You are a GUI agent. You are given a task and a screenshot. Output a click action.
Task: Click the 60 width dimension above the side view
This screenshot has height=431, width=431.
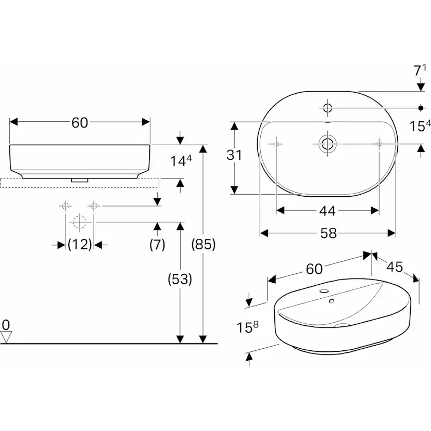(x=80, y=122)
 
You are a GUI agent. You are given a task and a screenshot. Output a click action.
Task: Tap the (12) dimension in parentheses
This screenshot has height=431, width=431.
(x=80, y=244)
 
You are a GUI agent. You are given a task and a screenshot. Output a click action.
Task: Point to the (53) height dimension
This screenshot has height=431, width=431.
(x=180, y=279)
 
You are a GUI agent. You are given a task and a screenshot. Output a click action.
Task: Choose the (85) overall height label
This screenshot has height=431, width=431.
(x=203, y=244)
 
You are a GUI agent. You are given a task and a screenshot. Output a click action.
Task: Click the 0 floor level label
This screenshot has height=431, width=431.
(x=6, y=325)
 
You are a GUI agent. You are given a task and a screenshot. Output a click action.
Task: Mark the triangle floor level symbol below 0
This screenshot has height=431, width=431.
(x=6, y=337)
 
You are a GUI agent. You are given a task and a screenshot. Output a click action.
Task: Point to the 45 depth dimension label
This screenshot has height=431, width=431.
(x=395, y=267)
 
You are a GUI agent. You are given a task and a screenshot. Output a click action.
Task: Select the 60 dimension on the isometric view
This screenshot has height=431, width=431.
(x=315, y=269)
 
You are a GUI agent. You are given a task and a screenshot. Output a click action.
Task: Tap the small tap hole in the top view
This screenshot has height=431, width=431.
(x=327, y=108)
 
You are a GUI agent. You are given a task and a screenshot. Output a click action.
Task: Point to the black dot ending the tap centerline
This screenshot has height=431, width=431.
(x=421, y=108)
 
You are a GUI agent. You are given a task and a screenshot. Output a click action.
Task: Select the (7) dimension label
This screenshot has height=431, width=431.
(x=157, y=244)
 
